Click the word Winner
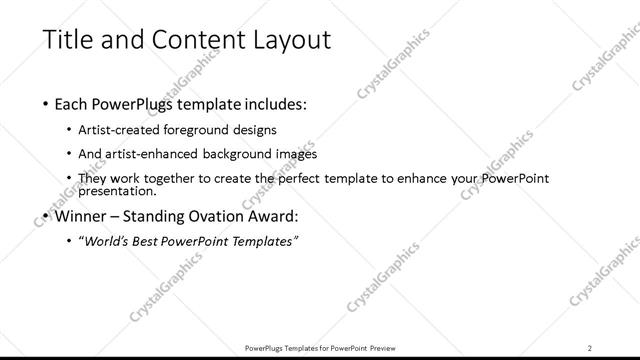pos(81,215)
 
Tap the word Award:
pos(275,215)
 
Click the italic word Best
pos(156,241)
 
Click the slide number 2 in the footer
pos(590,347)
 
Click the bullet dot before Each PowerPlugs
pos(47,104)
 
